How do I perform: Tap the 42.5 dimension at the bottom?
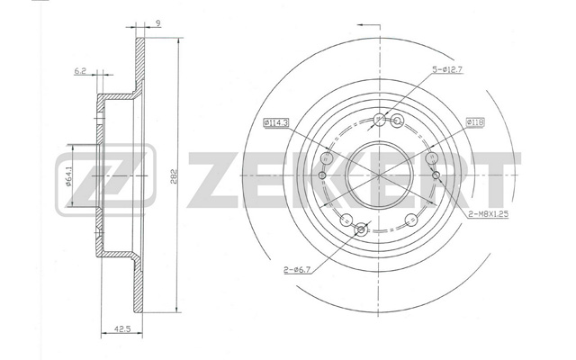(x=122, y=328)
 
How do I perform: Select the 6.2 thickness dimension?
(x=80, y=71)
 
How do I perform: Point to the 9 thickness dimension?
(x=157, y=23)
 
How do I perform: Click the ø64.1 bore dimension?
(x=68, y=176)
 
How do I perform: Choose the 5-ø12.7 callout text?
(x=446, y=68)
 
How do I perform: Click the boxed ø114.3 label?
(x=276, y=122)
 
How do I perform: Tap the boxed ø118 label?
(x=475, y=122)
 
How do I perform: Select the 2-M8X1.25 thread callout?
(x=488, y=214)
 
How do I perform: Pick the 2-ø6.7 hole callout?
(x=297, y=270)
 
